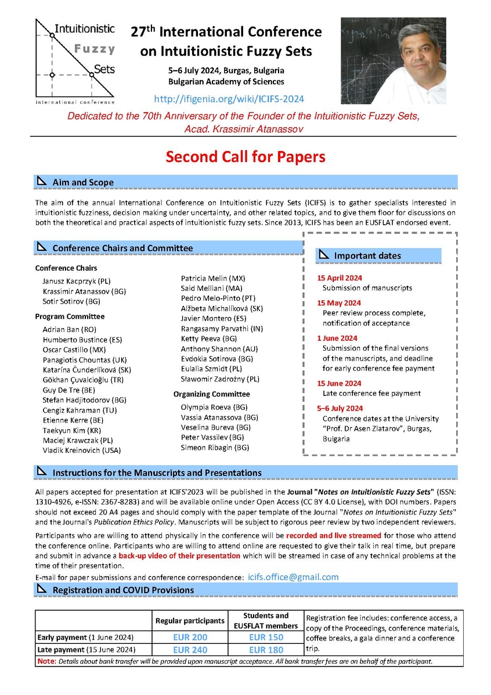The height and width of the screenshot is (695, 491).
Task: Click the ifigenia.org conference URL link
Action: click(229, 99)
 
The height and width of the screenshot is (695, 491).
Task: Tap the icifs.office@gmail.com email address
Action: click(293, 577)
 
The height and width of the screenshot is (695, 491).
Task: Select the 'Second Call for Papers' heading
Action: click(245, 157)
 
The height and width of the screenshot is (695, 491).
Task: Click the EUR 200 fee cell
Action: click(190, 638)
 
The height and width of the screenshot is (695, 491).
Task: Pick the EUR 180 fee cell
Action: click(266, 650)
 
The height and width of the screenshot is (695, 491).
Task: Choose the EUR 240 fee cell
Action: click(190, 650)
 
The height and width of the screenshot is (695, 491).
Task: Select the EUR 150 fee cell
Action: click(266, 638)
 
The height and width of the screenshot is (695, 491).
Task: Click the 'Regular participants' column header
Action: click(190, 621)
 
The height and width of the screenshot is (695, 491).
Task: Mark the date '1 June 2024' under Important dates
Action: click(337, 338)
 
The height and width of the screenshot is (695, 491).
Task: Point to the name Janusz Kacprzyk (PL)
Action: click(76, 281)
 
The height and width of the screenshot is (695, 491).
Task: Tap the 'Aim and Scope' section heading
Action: click(83, 182)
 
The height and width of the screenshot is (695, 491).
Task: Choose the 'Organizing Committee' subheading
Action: click(211, 394)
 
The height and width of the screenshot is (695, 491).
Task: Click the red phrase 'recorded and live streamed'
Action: click(334, 535)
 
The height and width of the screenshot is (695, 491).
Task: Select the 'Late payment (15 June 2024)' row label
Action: click(86, 650)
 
